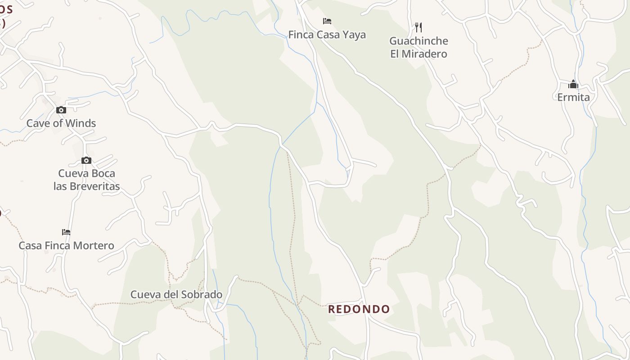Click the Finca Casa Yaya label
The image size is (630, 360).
point(327,35)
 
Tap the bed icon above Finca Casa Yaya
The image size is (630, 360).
point(327,21)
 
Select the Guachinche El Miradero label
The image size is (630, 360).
point(418,47)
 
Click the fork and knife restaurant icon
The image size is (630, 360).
point(418,27)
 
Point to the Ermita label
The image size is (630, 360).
point(573,97)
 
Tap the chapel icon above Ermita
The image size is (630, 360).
point(573,84)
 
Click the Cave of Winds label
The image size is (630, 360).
point(61,123)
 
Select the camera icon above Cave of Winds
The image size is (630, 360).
point(61,110)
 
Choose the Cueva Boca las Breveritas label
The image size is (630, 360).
point(86,180)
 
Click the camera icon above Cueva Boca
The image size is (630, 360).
point(86,160)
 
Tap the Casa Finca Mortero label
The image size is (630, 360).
point(66,246)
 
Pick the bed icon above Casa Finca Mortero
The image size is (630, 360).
point(66,232)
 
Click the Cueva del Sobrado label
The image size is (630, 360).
point(176,295)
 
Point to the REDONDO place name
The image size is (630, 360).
point(359,309)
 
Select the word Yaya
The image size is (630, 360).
point(353,35)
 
